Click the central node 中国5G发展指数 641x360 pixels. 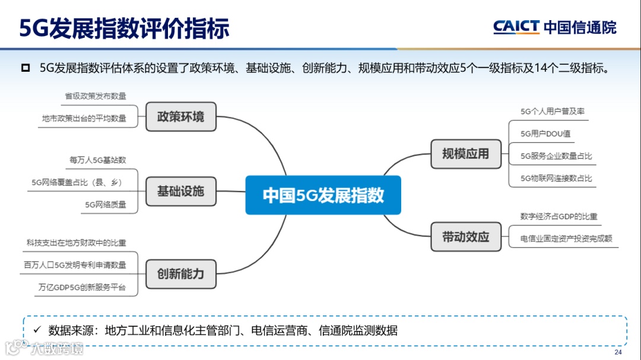[x=323, y=195]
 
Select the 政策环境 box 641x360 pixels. [x=180, y=117]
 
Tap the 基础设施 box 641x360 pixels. [x=180, y=192]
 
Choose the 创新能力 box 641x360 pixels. [x=180, y=274]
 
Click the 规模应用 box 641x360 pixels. [x=466, y=154]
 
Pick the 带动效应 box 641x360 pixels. [x=466, y=237]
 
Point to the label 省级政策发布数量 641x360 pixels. [x=96, y=96]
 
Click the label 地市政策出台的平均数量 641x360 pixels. [x=84, y=118]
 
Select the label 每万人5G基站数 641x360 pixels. [x=98, y=160]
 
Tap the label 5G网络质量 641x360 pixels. [x=106, y=205]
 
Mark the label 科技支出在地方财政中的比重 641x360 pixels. [x=77, y=243]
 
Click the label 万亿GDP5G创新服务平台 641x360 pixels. [x=82, y=287]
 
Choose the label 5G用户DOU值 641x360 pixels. [x=545, y=133]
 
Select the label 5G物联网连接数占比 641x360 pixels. [x=556, y=178]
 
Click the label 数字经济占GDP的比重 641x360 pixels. [x=559, y=216]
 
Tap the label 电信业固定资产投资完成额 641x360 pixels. [x=566, y=238]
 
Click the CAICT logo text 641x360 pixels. [x=516, y=27]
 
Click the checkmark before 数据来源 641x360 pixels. [x=36, y=330]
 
